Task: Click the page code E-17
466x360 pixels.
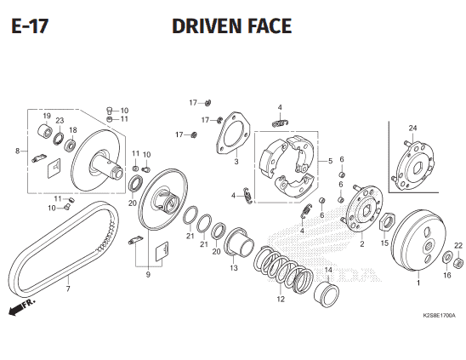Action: coord(30,26)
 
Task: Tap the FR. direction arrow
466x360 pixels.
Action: coord(22,306)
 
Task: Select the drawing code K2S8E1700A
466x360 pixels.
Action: coord(439,316)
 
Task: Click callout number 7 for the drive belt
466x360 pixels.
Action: coord(68,289)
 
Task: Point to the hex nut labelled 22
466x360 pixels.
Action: coord(458,262)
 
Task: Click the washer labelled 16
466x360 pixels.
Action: coord(447,257)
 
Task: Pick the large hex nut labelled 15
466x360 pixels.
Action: coord(387,222)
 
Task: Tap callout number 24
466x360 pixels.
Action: coord(412,128)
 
